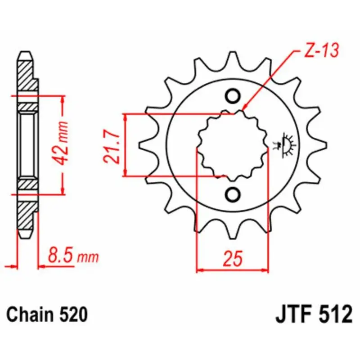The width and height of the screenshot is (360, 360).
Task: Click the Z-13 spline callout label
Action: [x=321, y=50]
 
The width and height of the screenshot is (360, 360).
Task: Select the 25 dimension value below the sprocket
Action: [x=233, y=258]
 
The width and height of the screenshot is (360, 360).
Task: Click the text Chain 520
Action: [x=47, y=315]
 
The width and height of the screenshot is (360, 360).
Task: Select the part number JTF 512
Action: [x=314, y=315]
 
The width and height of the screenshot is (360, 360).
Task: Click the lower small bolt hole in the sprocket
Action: [x=233, y=194]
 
